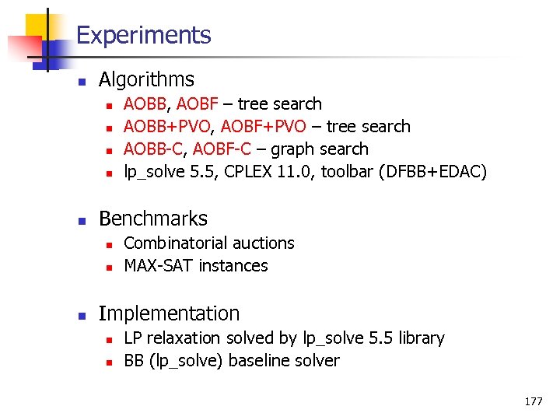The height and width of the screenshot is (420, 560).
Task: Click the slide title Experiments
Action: [x=144, y=36]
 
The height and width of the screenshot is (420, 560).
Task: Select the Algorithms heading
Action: [x=146, y=79]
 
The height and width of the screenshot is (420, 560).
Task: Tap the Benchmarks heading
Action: [x=153, y=219]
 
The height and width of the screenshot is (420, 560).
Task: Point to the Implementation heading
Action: [x=169, y=313]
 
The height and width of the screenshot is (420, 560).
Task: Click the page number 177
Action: [x=534, y=401]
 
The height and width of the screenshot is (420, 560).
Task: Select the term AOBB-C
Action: [x=155, y=149]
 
